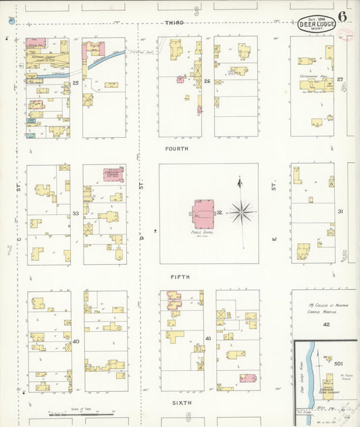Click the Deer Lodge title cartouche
click(316, 24)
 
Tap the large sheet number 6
click(343, 16)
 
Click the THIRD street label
click(175, 23)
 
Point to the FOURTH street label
click(175, 148)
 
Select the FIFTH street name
click(180, 277)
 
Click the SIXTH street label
click(181, 402)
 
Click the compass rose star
click(241, 212)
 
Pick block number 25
click(76, 83)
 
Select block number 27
click(340, 80)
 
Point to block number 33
click(76, 214)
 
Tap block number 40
click(76, 341)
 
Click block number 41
click(208, 338)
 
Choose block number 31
click(340, 211)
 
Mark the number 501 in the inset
click(338, 363)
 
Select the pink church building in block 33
click(113, 175)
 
